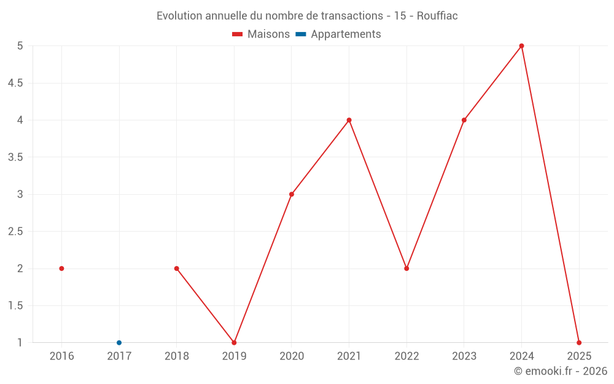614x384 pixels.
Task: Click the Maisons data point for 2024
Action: (x=521, y=45)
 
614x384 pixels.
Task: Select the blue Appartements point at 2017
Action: (x=119, y=343)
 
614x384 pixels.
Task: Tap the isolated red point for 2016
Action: (x=61, y=268)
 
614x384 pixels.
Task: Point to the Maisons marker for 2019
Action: (x=234, y=343)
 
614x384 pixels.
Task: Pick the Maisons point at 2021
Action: (x=349, y=120)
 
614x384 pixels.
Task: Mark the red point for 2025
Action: (x=579, y=343)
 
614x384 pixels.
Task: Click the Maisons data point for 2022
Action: (x=406, y=268)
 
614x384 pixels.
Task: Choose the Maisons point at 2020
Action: (x=292, y=194)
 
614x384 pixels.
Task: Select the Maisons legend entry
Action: (x=261, y=34)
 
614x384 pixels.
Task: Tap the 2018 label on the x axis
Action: (x=177, y=356)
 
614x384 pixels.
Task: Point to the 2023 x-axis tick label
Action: (x=464, y=356)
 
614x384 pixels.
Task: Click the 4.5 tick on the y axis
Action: (x=15, y=83)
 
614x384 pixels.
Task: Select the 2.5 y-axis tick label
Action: (x=15, y=232)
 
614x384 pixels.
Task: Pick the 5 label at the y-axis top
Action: (x=20, y=45)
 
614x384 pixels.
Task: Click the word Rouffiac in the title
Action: (x=437, y=16)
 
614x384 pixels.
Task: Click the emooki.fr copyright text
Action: (x=561, y=371)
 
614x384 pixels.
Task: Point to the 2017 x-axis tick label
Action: (x=119, y=356)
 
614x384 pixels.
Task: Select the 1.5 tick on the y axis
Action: (x=15, y=306)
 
